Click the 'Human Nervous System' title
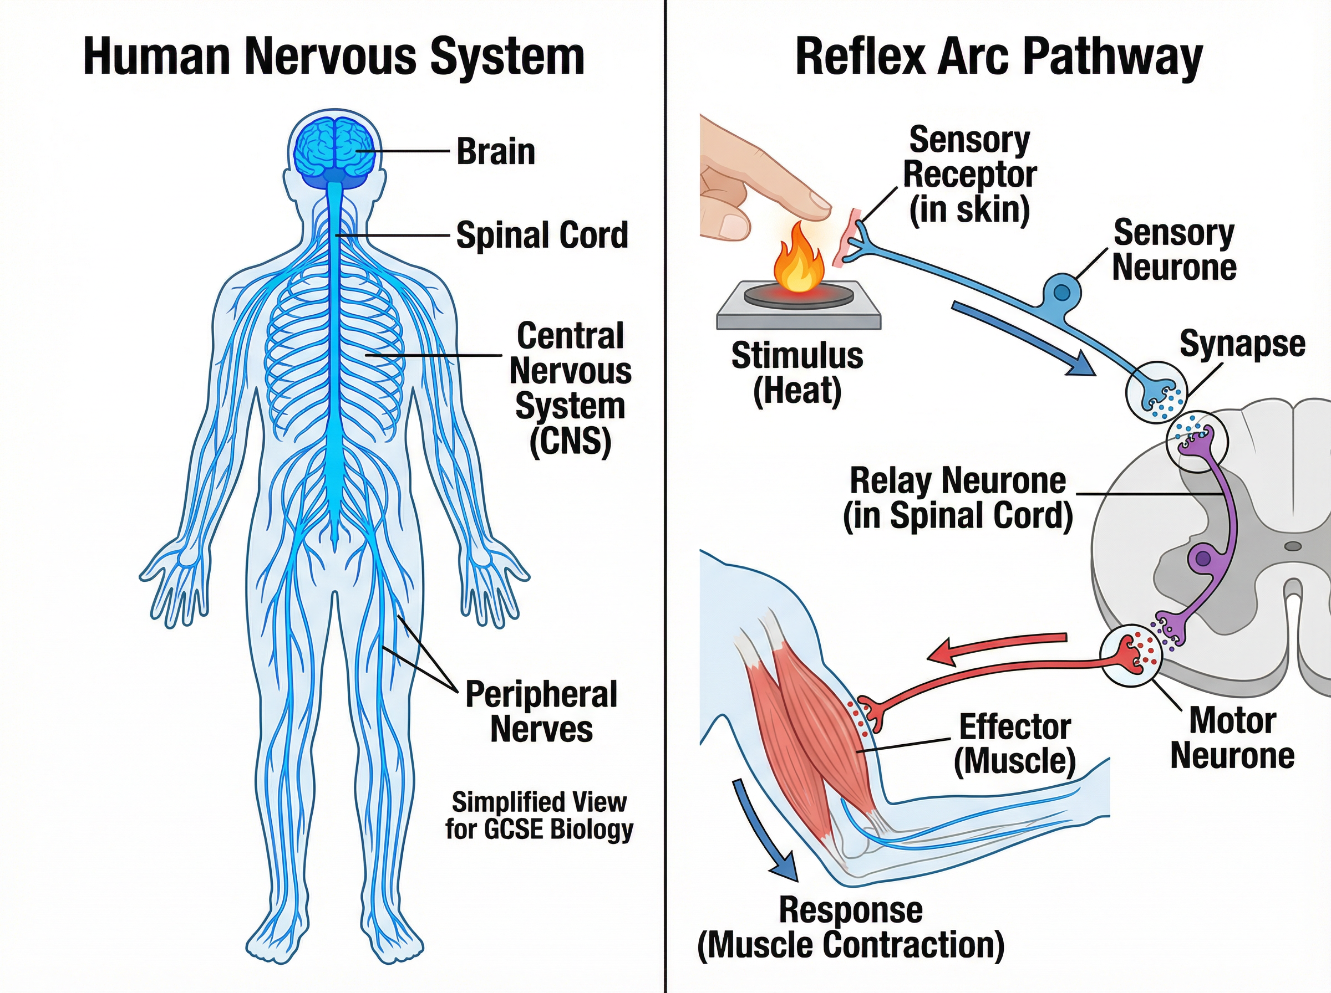334,57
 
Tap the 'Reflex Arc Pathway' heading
998,57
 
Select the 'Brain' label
496,151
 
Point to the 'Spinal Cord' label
542,234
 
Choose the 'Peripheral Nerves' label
541,712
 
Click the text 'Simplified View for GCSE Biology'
539,816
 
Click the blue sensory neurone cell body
1062,292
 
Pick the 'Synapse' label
1242,344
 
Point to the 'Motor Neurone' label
1232,738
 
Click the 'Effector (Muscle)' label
1015,744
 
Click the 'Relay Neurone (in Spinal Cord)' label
958,498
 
